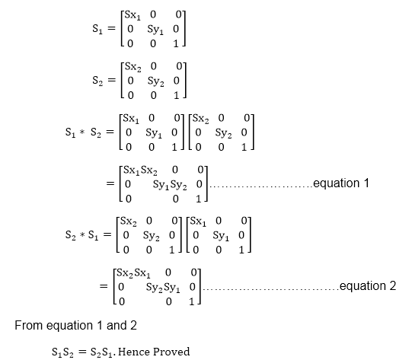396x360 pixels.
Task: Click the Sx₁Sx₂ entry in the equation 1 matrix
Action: tap(140, 170)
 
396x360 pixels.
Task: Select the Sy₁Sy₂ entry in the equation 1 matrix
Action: tap(170, 185)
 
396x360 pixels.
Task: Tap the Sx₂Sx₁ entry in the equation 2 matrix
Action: tap(133, 273)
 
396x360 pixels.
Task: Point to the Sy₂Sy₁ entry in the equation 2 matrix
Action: tap(163, 288)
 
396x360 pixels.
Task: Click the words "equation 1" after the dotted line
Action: tap(341, 183)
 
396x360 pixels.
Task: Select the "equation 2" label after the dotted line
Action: tap(368, 286)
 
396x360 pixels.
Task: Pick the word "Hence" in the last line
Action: tap(134, 352)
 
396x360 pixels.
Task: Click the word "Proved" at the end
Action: tap(171, 352)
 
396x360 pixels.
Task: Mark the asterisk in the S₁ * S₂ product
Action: tap(81, 132)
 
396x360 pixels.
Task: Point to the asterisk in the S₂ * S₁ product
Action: tap(82, 235)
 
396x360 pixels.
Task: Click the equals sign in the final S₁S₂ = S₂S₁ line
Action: tap(81, 352)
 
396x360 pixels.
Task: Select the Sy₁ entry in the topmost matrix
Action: tap(155, 30)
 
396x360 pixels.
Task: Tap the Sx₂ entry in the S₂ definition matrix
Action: tap(133, 67)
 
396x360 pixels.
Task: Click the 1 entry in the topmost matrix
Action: tap(176, 44)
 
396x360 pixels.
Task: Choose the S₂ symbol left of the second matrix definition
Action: tap(97, 81)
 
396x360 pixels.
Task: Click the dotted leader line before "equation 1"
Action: tap(261, 187)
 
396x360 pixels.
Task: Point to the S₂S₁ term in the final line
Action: tap(101, 352)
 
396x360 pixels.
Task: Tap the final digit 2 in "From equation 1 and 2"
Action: tap(133, 325)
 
